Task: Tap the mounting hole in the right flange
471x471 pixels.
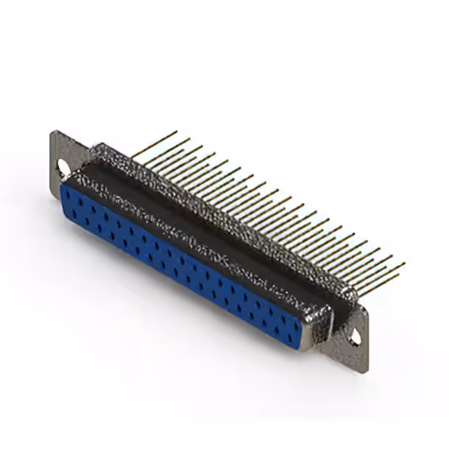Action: click(x=355, y=336)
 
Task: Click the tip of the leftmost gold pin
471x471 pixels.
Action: click(x=177, y=132)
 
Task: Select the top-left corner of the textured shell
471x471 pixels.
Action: click(x=91, y=146)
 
